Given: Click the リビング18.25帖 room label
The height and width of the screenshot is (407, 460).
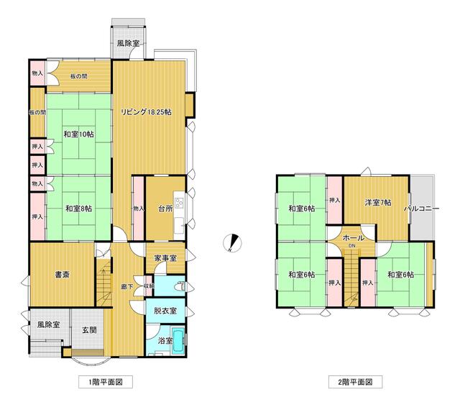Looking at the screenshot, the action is click(x=146, y=112).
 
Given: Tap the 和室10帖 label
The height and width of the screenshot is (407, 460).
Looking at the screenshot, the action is click(x=79, y=134).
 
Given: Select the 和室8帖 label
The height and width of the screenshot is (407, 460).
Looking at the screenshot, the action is click(x=78, y=209).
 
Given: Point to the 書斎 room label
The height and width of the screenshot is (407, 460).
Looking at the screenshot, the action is click(x=63, y=275).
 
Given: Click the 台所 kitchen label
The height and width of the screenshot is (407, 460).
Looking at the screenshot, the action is click(x=165, y=209).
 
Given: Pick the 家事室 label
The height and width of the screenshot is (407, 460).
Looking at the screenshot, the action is click(x=165, y=258).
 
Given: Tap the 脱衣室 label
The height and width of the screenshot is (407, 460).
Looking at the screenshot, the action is click(x=165, y=311).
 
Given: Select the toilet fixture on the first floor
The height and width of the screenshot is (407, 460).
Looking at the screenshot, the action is click(x=180, y=285).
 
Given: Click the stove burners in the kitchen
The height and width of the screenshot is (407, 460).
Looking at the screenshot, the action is click(x=179, y=203).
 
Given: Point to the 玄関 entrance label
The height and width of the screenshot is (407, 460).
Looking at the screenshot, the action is click(x=89, y=330).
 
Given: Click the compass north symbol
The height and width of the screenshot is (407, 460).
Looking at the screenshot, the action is click(x=232, y=243).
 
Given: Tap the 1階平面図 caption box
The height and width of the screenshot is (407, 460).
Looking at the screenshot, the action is click(x=106, y=382).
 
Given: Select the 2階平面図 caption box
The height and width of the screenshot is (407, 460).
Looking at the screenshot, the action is click(x=355, y=382).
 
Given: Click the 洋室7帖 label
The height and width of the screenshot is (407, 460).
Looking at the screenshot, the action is click(x=378, y=203).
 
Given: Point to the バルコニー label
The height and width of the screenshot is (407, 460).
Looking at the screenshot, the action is click(x=422, y=209).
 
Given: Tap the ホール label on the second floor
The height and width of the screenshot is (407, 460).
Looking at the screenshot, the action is click(x=354, y=238).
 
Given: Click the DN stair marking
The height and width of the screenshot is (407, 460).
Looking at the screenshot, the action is click(x=351, y=246).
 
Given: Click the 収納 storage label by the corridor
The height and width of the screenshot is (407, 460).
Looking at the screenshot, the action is click(x=149, y=285).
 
